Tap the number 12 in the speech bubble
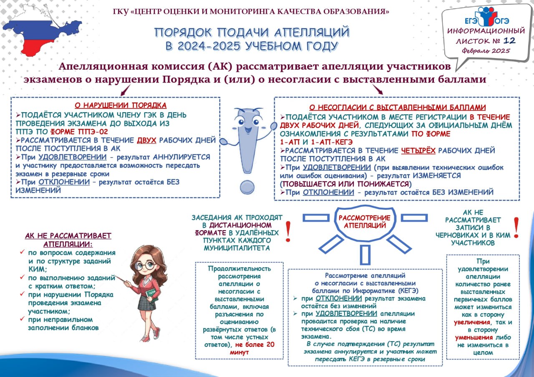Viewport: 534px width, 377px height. (x=509, y=40)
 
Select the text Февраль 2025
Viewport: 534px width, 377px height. (x=486, y=51)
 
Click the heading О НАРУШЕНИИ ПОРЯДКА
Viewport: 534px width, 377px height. (x=121, y=105)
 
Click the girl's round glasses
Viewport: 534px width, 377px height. (x=146, y=266)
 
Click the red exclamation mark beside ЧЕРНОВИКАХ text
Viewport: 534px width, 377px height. (x=516, y=227)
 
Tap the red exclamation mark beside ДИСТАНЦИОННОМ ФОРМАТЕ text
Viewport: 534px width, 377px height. (x=288, y=232)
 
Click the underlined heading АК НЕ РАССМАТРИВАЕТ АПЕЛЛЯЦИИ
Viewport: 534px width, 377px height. (x=68, y=240)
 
